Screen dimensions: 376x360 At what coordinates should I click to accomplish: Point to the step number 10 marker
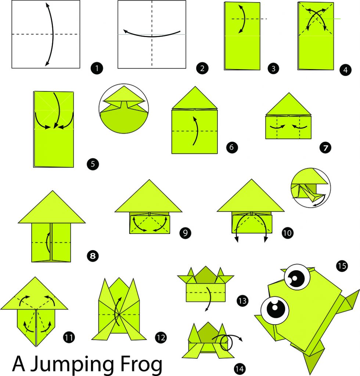tap(287, 232)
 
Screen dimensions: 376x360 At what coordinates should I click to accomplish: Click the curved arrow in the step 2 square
tap(152, 34)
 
